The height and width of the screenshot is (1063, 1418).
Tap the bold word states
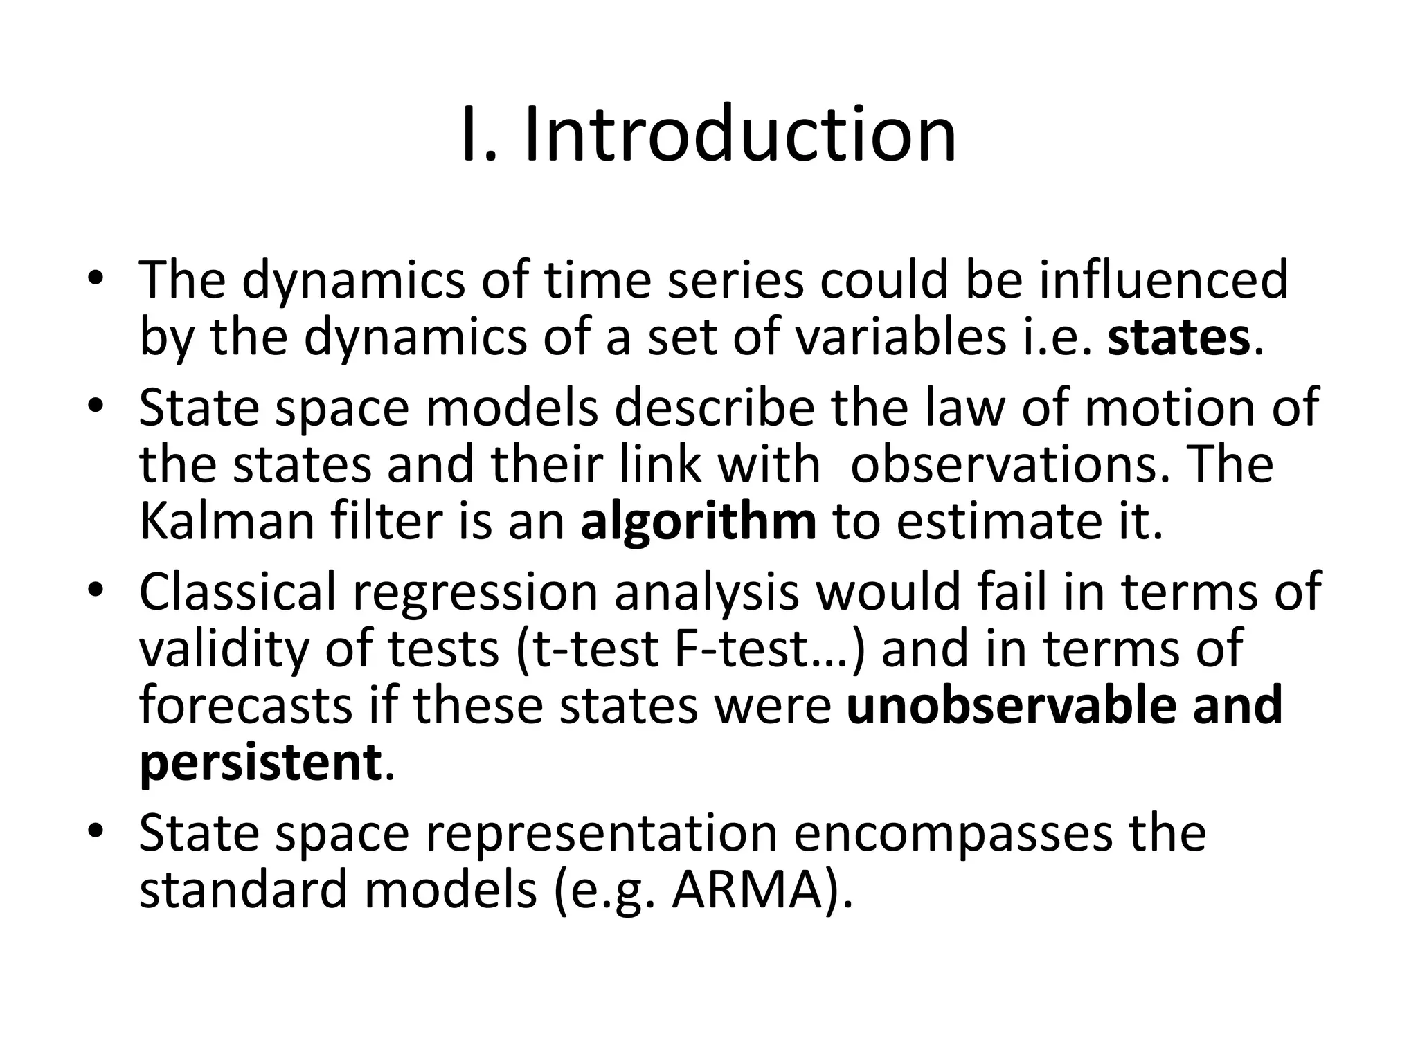pyautogui.click(x=1178, y=337)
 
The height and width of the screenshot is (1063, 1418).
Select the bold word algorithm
pyautogui.click(x=699, y=521)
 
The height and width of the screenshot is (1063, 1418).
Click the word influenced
pyautogui.click(x=1163, y=280)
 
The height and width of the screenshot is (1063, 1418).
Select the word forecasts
pyautogui.click(x=246, y=705)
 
